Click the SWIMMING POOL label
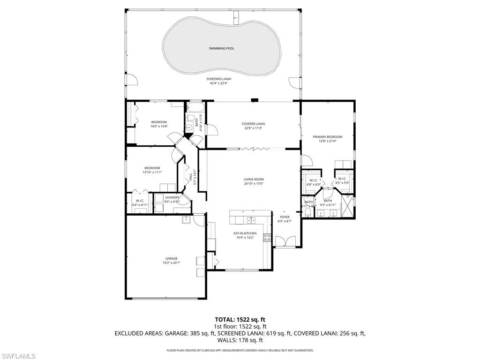click(x=221, y=48)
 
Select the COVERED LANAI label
click(x=253, y=124)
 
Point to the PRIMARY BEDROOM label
click(x=327, y=137)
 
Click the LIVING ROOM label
click(x=253, y=179)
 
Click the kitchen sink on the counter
click(x=251, y=220)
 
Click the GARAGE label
click(x=171, y=258)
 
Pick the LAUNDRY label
click(x=172, y=197)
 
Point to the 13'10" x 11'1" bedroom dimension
click(x=152, y=172)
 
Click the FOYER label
click(x=285, y=217)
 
